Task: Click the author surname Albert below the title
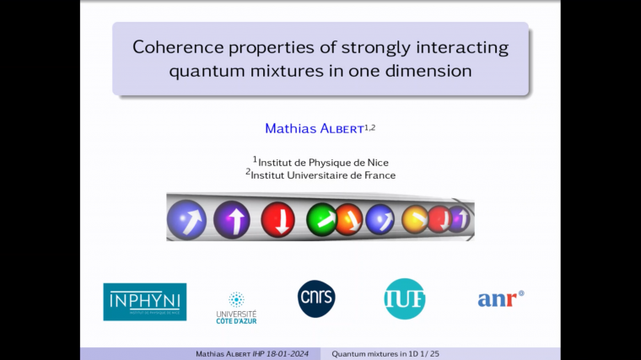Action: [339, 129]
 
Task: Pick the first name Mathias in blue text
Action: [288, 129]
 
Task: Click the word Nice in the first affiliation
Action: [378, 162]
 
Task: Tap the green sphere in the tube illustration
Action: [320, 218]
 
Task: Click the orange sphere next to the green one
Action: [349, 219]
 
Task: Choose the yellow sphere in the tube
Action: [414, 219]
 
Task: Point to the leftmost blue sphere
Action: [186, 219]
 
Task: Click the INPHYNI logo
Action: [144, 301]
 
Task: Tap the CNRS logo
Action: [316, 298]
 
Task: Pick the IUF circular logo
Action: [405, 298]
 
